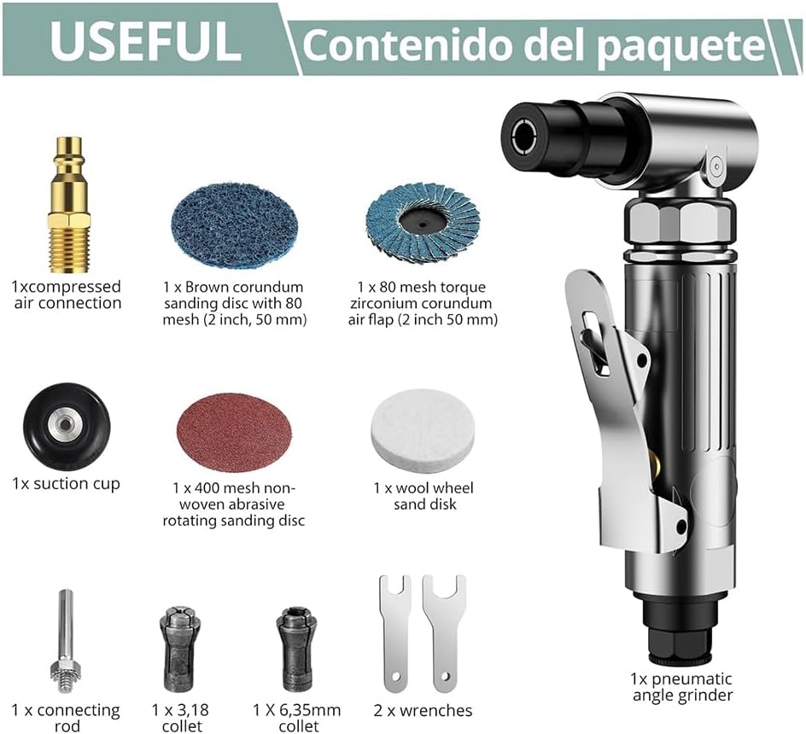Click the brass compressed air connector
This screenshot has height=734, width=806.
tap(70, 204)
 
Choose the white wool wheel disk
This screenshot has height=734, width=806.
tap(423, 428)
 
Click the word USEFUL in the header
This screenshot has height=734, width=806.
tap(145, 41)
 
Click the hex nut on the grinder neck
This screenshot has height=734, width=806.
tap(679, 223)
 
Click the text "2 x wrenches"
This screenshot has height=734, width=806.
tap(423, 710)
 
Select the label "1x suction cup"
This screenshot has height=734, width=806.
tap(66, 484)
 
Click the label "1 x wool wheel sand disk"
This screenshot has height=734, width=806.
tap(423, 496)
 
